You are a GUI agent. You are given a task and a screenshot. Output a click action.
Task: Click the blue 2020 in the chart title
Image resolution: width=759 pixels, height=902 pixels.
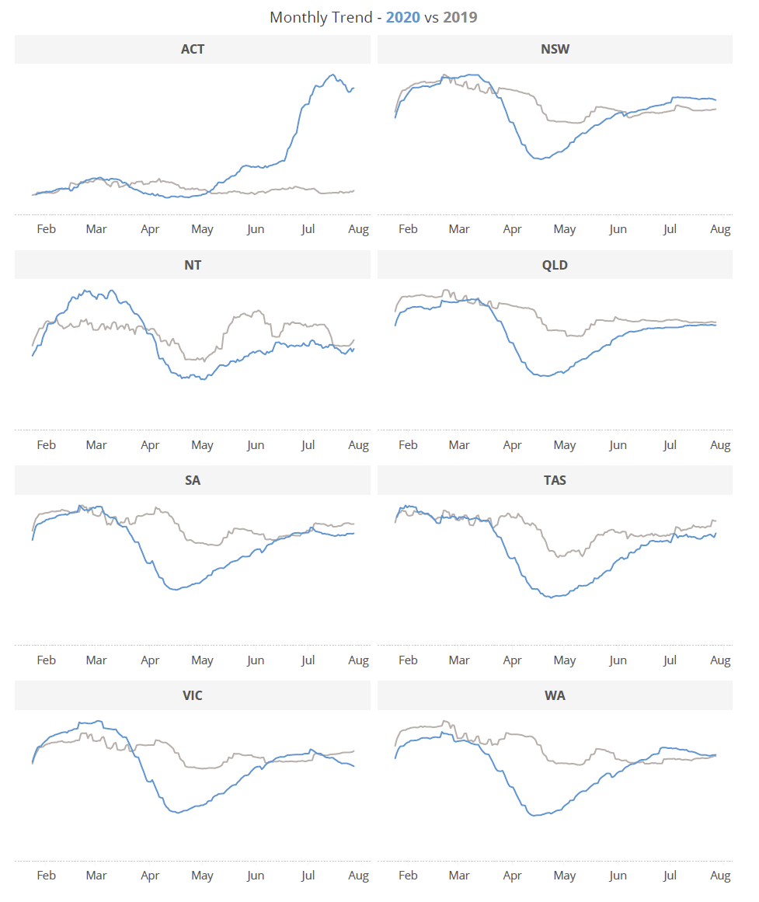[x=402, y=17]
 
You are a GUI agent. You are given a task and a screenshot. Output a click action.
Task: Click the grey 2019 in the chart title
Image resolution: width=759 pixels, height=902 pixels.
[x=460, y=17]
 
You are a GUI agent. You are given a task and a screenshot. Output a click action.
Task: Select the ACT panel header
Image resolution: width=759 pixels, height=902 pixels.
[x=193, y=49]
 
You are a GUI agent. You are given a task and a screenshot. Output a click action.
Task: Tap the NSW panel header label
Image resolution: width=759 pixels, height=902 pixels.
[x=555, y=49]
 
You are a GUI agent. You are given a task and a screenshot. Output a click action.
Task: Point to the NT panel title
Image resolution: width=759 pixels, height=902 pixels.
[x=193, y=265]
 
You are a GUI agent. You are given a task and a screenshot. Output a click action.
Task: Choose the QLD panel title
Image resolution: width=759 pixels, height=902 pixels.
[x=555, y=265]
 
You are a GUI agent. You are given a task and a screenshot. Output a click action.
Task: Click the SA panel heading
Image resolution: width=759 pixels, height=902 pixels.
[x=193, y=480]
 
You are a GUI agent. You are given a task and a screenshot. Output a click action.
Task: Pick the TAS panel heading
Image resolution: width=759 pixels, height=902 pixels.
[x=555, y=480]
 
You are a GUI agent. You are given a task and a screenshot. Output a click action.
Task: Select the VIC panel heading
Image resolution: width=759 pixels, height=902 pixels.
[x=193, y=695]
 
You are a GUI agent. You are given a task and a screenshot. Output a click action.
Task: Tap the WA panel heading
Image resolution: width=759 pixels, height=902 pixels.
[x=555, y=695]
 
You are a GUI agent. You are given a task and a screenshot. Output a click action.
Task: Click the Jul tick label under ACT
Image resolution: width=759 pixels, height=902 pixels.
[x=308, y=229]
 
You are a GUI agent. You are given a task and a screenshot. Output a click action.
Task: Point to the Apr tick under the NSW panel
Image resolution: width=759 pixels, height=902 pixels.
[x=512, y=229]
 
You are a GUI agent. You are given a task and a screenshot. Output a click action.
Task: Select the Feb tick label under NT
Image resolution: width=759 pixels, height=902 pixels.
[x=46, y=445]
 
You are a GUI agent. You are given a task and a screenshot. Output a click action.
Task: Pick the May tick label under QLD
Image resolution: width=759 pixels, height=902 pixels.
[x=565, y=445]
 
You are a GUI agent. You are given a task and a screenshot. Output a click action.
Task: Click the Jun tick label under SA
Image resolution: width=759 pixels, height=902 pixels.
[x=255, y=660]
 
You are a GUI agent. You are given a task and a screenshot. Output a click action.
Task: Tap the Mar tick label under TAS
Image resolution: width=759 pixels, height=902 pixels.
[x=459, y=660]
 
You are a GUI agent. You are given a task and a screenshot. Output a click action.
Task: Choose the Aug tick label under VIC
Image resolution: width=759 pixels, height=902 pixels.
[x=358, y=876]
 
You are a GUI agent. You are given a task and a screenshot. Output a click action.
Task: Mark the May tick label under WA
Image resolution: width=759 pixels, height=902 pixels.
[x=565, y=876]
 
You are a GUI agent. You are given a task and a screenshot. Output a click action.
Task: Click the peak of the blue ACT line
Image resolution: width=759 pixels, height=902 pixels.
[x=333, y=75]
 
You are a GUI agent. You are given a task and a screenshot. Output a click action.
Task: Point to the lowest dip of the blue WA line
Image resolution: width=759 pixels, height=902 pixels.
[x=534, y=816]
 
